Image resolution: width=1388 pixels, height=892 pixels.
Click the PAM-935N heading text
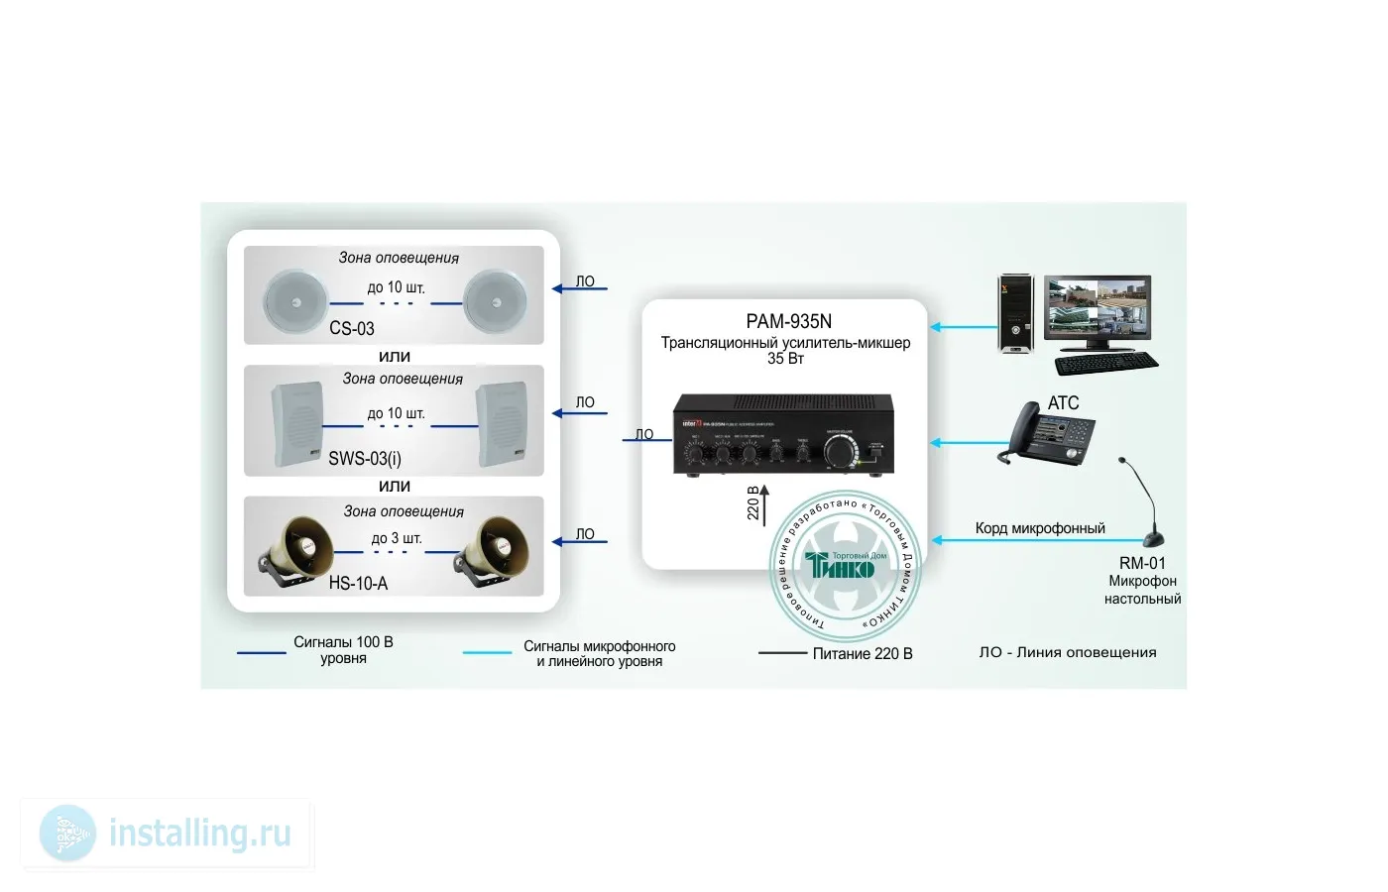pyautogui.click(x=788, y=321)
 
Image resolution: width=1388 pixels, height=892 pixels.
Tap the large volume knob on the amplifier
pyautogui.click(x=841, y=451)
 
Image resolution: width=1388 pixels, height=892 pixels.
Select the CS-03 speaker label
pyautogui.click(x=352, y=328)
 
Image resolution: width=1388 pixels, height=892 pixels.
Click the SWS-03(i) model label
pyautogui.click(x=365, y=458)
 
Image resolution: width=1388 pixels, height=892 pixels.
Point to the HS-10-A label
pyautogui.click(x=358, y=584)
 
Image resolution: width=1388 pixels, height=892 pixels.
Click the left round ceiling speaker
pyautogui.click(x=295, y=300)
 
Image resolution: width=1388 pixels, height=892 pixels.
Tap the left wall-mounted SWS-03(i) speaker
pyautogui.click(x=296, y=422)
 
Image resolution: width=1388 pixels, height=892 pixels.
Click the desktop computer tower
pyautogui.click(x=1014, y=314)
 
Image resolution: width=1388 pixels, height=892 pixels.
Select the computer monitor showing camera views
pyautogui.click(x=1098, y=310)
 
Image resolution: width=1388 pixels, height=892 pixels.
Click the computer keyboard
pyautogui.click(x=1105, y=363)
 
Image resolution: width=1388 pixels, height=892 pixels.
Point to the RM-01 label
pyautogui.click(x=1142, y=563)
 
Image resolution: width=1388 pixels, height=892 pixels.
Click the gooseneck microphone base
pyautogui.click(x=1154, y=539)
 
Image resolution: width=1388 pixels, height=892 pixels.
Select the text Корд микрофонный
pyautogui.click(x=1040, y=528)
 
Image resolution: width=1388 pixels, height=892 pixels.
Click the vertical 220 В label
pyautogui.click(x=752, y=503)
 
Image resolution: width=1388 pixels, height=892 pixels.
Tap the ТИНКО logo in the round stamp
pyautogui.click(x=841, y=566)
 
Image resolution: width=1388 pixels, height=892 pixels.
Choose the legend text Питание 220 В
pyautogui.click(x=863, y=653)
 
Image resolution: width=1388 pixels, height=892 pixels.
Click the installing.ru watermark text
pyautogui.click(x=199, y=833)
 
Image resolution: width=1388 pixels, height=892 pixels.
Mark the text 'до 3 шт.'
pyautogui.click(x=397, y=538)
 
